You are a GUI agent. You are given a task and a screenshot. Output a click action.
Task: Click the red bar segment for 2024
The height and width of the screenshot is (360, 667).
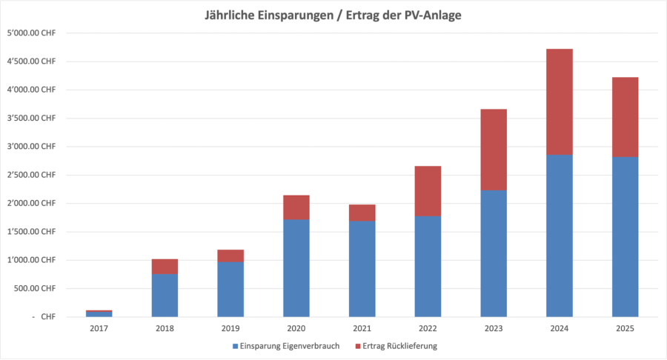click(x=559, y=101)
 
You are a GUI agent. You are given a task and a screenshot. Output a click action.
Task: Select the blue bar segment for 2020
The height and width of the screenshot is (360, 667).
click(x=296, y=267)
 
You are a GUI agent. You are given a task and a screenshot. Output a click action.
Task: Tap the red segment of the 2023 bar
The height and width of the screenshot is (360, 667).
click(x=494, y=150)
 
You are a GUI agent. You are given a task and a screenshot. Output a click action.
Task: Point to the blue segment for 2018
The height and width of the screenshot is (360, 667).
click(x=165, y=295)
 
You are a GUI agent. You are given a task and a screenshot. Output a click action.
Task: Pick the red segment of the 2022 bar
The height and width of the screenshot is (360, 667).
click(x=428, y=190)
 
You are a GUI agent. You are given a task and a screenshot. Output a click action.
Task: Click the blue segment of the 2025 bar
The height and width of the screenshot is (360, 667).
click(x=625, y=236)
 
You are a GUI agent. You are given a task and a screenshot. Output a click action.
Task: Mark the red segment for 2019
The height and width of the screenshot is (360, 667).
click(x=230, y=256)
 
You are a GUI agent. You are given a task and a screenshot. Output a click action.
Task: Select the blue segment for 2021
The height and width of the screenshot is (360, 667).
click(x=362, y=268)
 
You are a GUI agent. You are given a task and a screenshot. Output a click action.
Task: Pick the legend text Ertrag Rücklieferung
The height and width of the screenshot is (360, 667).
click(x=406, y=346)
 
